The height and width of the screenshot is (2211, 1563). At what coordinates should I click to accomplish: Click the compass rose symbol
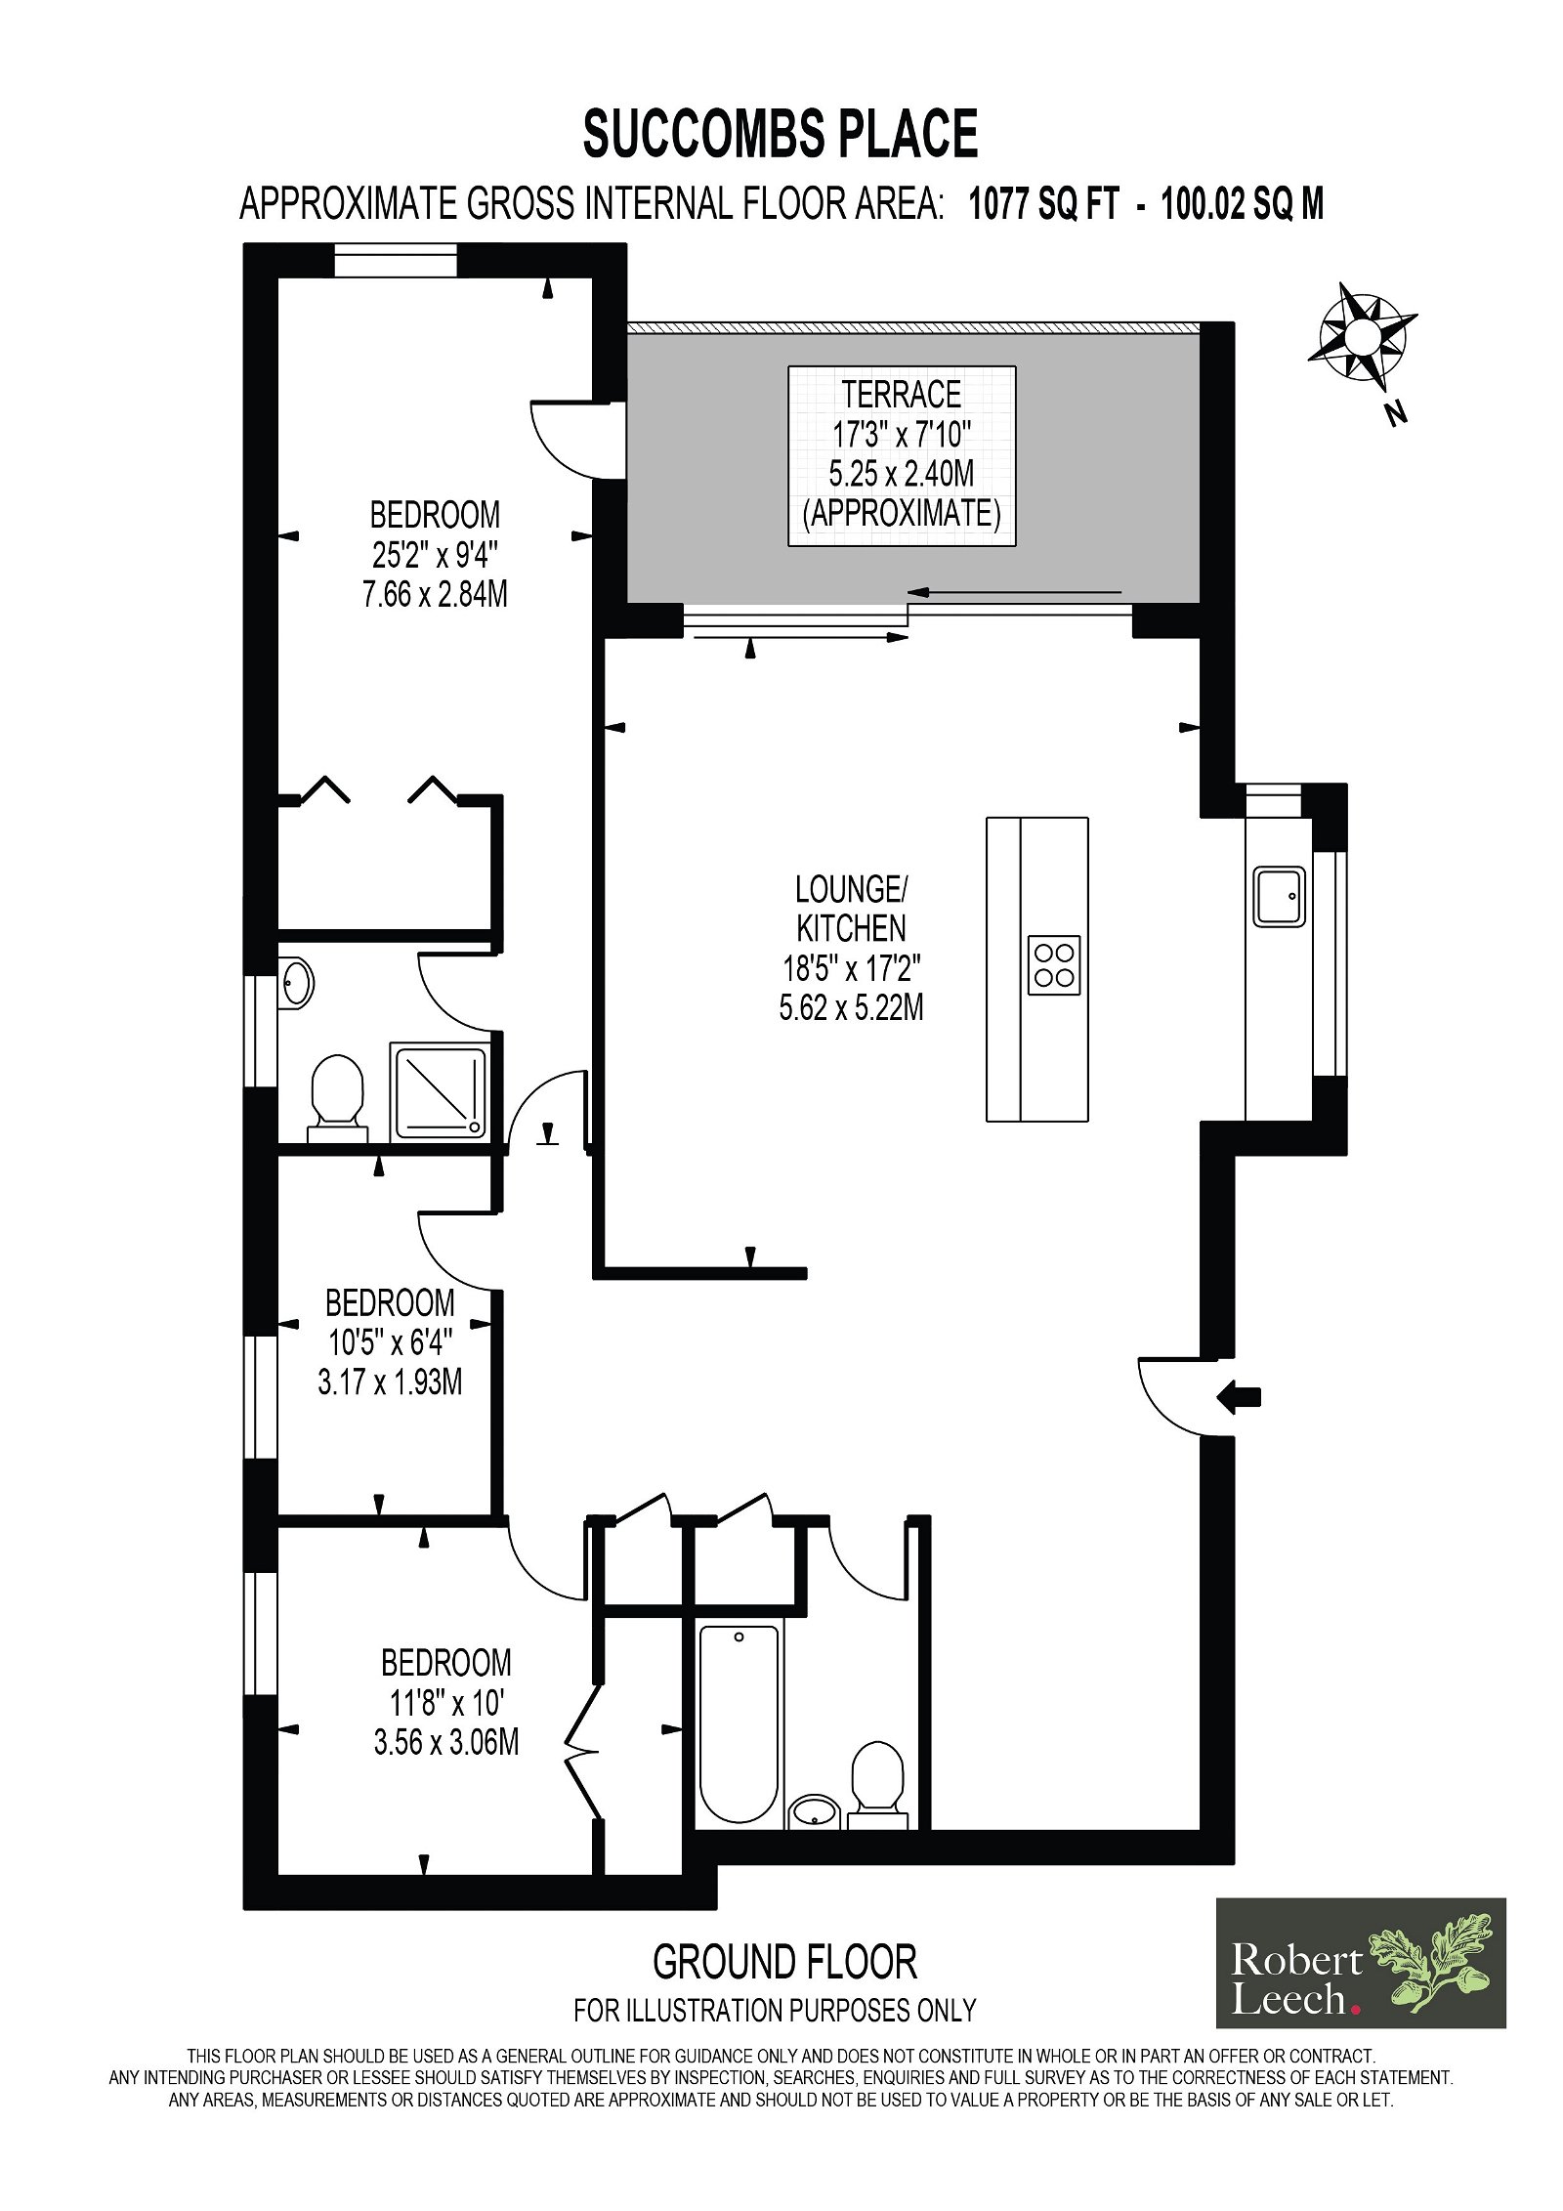1362,334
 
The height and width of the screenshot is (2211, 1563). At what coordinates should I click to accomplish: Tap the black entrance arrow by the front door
1239,1398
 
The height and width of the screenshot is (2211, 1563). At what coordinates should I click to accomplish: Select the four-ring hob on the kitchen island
1054,964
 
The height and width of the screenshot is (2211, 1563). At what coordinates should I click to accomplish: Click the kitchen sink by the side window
1279,896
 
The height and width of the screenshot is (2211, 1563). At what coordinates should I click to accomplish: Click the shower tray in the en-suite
440,1091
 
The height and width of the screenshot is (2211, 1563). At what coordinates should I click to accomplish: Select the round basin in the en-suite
296,983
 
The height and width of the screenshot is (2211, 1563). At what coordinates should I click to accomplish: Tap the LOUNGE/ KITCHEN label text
851,908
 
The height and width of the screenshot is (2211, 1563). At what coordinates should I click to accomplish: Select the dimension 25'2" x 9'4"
435,555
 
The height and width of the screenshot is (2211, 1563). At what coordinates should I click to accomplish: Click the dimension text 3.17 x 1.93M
390,1382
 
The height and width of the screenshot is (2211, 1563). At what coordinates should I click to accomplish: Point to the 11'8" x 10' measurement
446,1703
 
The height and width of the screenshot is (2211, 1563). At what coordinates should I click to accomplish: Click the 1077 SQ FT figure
1042,205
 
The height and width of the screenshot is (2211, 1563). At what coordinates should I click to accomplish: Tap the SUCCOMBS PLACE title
781,134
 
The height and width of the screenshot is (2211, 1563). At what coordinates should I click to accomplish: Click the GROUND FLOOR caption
785,1961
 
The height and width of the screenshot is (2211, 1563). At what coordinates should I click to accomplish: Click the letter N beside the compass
1397,413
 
